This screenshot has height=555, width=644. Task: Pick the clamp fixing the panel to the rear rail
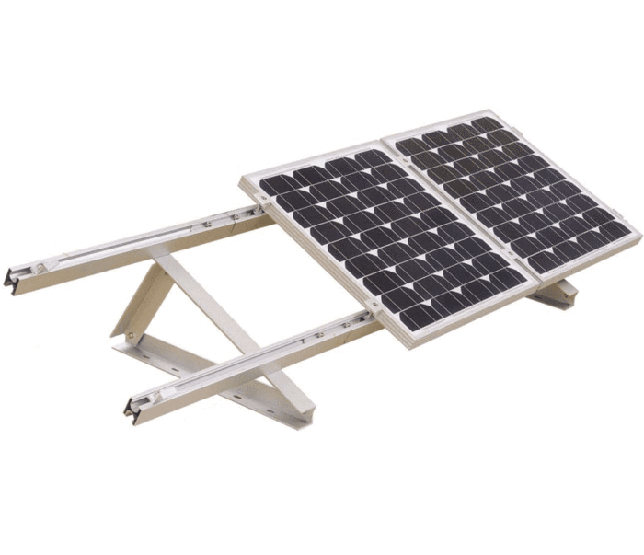point(250,214)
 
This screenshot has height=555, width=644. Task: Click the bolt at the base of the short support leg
point(132,333)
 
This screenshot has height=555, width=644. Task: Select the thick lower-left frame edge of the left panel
point(317,262)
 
